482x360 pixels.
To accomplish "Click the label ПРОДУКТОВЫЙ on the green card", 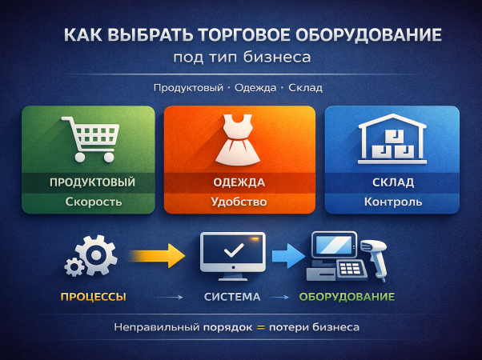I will click(x=92, y=182).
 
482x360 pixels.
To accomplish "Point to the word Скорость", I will click(x=93, y=202).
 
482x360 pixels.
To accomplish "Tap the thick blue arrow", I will click(x=285, y=256).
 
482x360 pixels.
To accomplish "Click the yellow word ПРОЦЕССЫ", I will click(x=93, y=297).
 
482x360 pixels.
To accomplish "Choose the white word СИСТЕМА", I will click(x=232, y=297).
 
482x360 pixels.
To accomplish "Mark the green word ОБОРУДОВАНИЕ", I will click(x=347, y=297).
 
